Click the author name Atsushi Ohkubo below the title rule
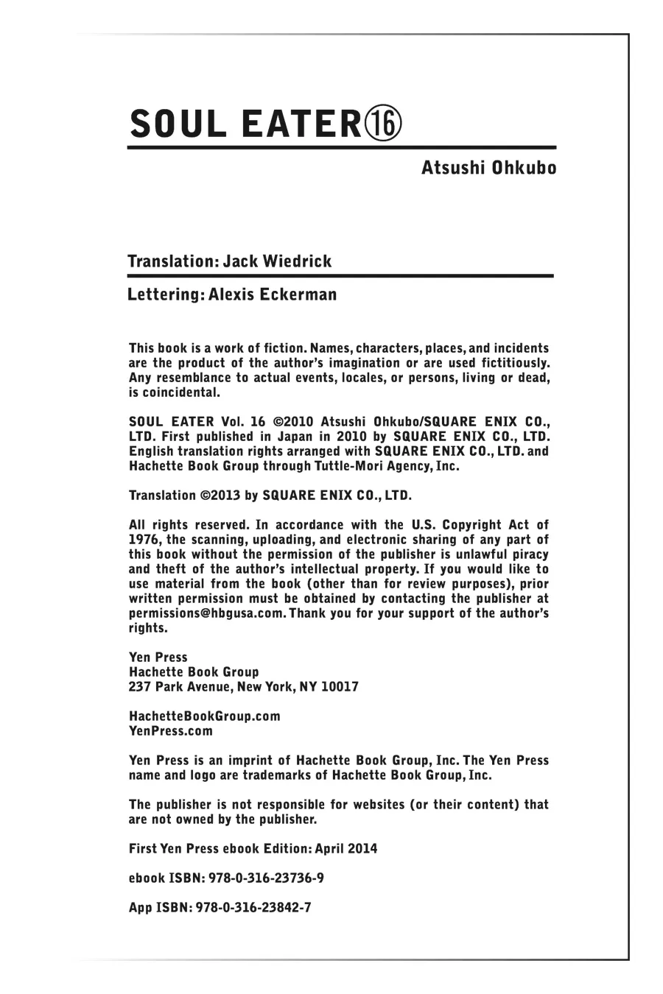(x=488, y=168)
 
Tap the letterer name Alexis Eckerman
(x=273, y=295)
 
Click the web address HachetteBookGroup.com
(x=204, y=716)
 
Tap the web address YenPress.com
(x=171, y=731)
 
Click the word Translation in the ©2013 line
(x=162, y=496)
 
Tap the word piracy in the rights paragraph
(x=527, y=554)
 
